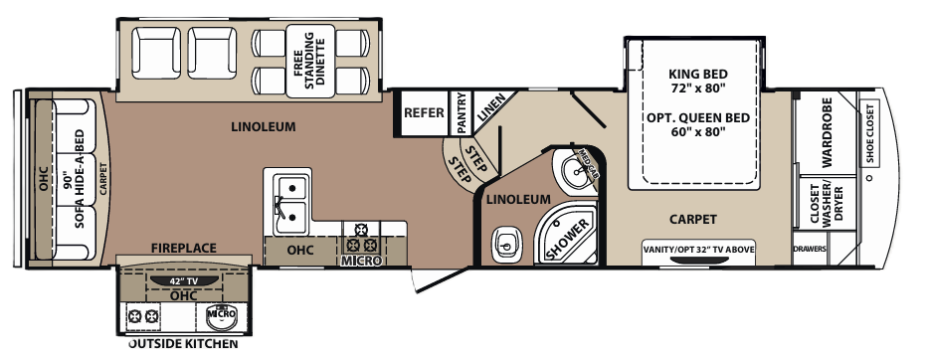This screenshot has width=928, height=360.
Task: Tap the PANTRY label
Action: [461, 112]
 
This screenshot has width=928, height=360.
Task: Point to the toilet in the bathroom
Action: [507, 240]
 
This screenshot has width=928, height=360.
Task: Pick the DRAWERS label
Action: [810, 249]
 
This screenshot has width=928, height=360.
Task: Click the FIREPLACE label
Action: [184, 248]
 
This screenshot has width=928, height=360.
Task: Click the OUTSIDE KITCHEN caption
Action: [184, 344]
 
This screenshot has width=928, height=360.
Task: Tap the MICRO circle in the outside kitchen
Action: [221, 315]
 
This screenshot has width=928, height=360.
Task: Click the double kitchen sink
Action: [289, 197]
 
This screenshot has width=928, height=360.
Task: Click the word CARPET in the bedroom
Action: [694, 219]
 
